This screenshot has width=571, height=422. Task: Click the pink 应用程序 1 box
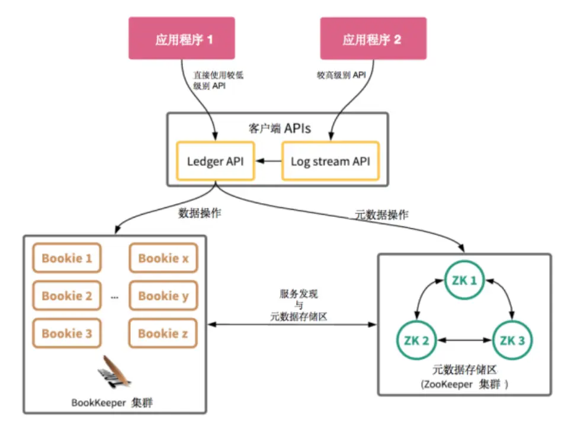182,39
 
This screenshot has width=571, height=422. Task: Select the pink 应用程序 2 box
373,39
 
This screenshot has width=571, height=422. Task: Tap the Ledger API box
215,161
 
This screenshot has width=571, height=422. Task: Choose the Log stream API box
330,161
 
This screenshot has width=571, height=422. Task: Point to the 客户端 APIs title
278,127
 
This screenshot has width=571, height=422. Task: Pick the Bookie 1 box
67,258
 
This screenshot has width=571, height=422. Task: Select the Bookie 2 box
67,296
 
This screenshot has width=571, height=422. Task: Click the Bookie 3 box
67,333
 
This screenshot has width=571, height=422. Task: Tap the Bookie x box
163,258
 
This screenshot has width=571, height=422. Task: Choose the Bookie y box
163,296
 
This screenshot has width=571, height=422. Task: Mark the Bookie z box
163,333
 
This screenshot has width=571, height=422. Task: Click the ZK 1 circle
465,280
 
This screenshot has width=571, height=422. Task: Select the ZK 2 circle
416,340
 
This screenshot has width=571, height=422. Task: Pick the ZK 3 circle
513,340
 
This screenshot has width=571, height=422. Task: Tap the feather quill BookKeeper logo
114,372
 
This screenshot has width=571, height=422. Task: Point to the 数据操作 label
198,213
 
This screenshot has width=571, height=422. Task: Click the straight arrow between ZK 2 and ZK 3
465,341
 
